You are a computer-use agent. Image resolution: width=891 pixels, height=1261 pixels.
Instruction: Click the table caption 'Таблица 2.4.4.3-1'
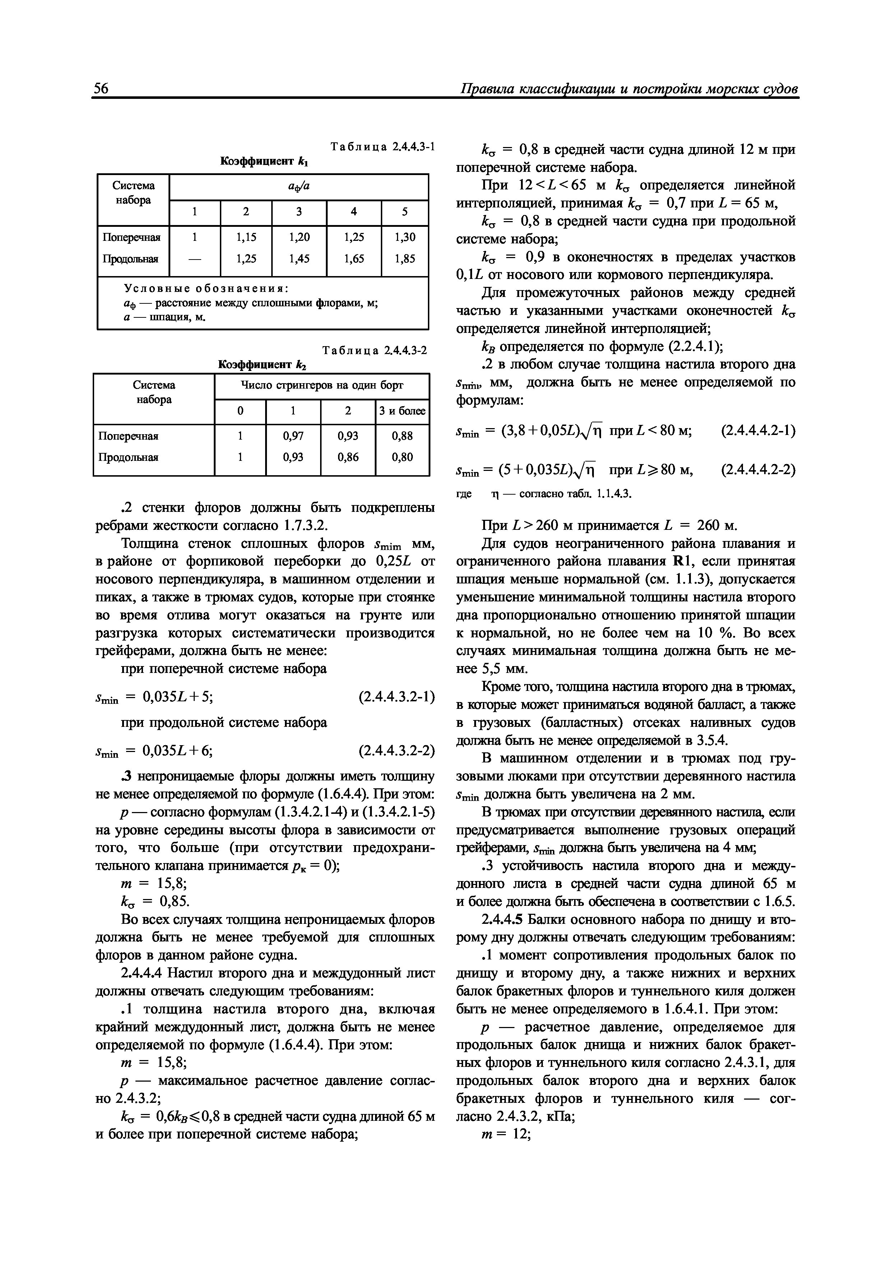[x=382, y=147]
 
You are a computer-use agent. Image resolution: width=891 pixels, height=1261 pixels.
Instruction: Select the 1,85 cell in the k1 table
[x=405, y=258]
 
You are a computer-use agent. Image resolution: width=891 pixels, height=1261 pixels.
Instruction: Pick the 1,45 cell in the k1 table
[x=299, y=258]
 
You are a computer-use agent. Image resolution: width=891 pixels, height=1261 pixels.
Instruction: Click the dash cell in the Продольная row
[x=194, y=258]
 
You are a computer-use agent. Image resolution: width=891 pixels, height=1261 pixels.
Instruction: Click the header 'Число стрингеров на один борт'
[x=322, y=386]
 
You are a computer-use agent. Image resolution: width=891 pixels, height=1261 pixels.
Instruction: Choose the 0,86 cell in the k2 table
[x=348, y=457]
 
